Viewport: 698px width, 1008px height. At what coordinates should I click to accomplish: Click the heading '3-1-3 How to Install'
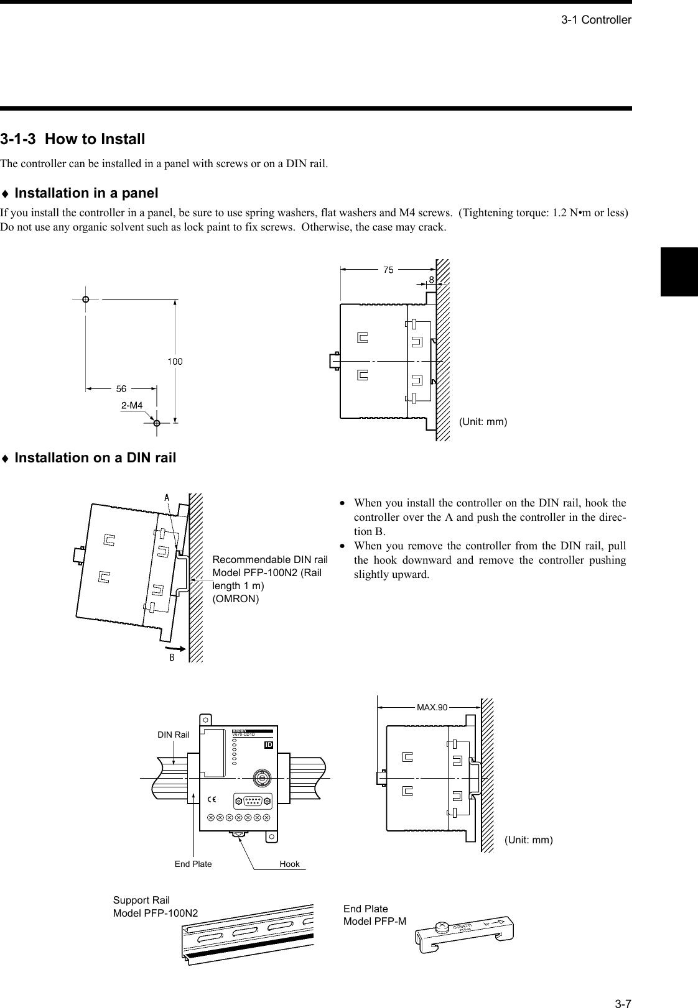click(73, 139)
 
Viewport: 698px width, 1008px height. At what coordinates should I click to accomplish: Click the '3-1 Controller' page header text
click(596, 20)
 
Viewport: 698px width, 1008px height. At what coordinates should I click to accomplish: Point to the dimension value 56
click(121, 389)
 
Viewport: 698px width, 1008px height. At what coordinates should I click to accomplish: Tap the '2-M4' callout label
click(132, 405)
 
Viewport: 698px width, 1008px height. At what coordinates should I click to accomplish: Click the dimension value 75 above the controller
click(388, 270)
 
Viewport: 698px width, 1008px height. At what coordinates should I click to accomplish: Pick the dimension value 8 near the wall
click(431, 280)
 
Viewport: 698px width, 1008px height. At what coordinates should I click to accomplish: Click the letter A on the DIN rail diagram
click(167, 497)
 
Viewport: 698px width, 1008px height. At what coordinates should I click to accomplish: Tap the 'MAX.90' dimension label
click(432, 707)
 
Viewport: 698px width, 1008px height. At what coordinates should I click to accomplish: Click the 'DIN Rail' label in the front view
click(173, 735)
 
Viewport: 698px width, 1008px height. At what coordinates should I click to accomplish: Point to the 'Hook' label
click(289, 864)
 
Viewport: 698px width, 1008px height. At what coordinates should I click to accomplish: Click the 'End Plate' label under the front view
click(193, 864)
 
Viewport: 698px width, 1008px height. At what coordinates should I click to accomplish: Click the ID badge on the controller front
click(269, 745)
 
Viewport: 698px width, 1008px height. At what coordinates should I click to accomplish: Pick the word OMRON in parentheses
click(236, 598)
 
